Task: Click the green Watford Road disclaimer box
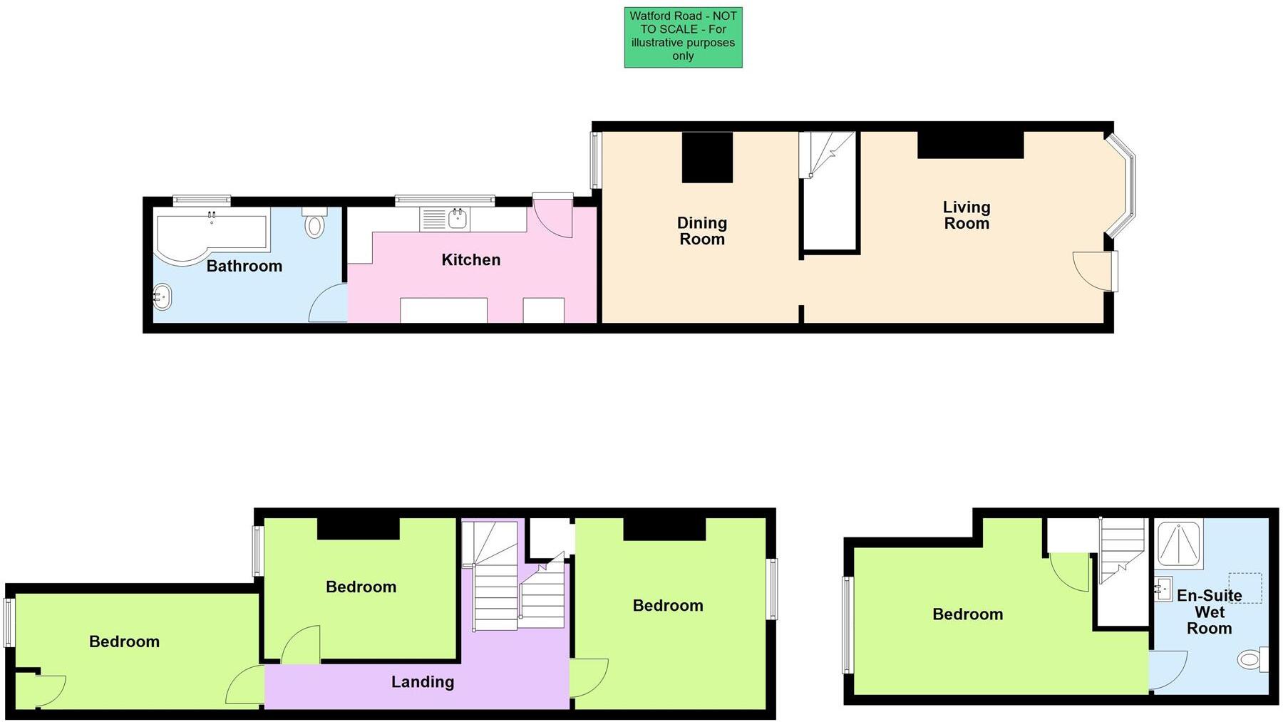pos(683,38)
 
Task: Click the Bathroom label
pos(244,267)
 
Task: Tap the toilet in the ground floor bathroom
pos(314,225)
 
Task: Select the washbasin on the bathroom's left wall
pos(163,296)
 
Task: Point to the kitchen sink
pos(457,219)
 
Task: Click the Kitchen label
pos(470,260)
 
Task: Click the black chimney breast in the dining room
pos(707,158)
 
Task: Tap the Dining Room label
pos(702,231)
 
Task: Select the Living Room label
pos(966,215)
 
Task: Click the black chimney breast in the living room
pos(970,145)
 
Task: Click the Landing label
pos(422,682)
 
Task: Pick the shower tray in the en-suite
pos(1179,545)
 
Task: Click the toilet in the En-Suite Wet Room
pos(1251,659)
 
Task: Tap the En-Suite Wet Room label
pos(1209,612)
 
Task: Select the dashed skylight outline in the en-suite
pos(1245,588)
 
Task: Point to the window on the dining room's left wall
pos(596,160)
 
